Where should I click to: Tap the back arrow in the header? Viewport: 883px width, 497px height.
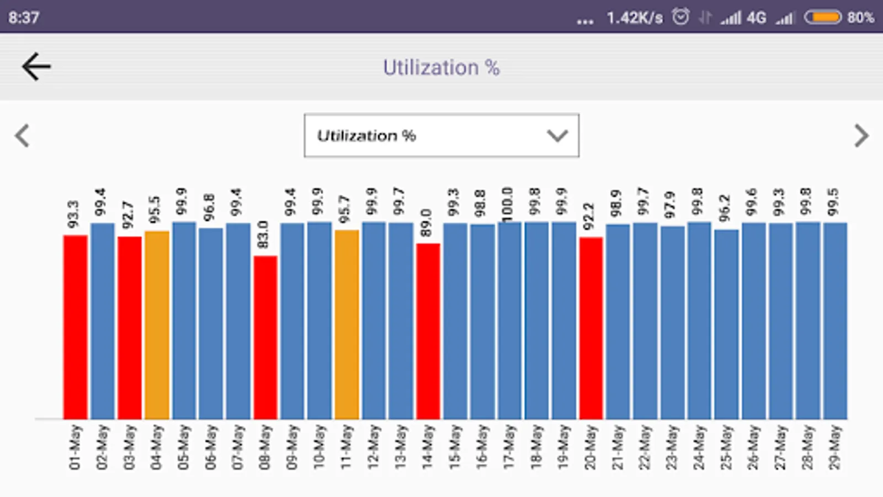click(36, 67)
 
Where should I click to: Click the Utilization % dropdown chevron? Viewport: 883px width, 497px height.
click(557, 136)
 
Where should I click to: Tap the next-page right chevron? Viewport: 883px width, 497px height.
click(861, 136)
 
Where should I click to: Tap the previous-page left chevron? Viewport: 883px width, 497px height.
click(22, 136)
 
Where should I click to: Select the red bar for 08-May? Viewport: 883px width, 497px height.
click(265, 337)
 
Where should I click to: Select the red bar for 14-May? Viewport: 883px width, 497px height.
click(428, 331)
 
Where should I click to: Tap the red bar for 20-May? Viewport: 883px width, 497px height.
click(591, 328)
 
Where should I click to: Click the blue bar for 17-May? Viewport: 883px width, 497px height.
click(509, 320)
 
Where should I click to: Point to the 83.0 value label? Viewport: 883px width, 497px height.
click(263, 235)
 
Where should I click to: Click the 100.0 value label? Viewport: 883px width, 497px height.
click(508, 203)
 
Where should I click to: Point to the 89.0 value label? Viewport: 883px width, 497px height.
click(426, 223)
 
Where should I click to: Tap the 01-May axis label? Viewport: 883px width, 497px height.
click(75, 447)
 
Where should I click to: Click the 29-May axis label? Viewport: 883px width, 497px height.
click(835, 447)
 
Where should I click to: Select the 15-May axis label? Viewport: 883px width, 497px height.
click(455, 447)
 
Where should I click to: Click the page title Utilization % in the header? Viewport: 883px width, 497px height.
click(441, 67)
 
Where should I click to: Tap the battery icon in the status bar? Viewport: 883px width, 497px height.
click(822, 17)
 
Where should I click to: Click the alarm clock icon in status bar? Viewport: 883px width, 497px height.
click(680, 17)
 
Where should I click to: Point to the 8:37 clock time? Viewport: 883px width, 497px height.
click(24, 17)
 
